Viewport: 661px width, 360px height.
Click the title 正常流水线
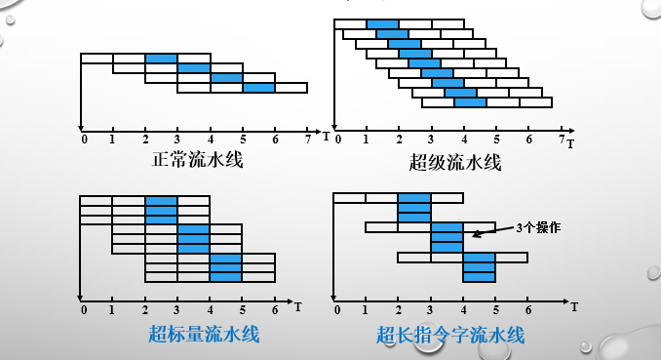197,159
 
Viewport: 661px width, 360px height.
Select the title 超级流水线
455,162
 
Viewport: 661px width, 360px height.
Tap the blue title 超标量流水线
204,334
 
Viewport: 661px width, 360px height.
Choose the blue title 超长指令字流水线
450,336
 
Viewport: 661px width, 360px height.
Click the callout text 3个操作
539,227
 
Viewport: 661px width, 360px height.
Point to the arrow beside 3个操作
493,231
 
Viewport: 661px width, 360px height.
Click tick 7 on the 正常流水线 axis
308,139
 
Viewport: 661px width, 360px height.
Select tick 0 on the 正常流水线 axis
85,139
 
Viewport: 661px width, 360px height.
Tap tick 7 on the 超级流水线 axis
562,140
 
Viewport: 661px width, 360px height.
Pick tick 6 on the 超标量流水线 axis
276,310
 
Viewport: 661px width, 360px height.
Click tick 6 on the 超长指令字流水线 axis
528,310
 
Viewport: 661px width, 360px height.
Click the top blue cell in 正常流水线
161,59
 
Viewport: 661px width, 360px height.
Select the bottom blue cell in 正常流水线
258,88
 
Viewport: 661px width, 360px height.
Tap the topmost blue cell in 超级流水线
383,23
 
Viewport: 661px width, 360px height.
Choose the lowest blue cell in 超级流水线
470,102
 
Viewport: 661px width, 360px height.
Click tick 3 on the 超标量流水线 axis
178,310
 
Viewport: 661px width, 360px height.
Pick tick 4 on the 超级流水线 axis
463,140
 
